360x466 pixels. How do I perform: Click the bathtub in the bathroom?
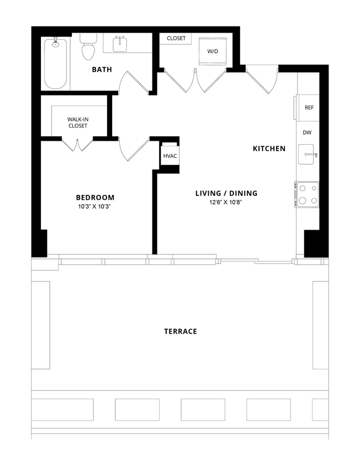(x=56, y=63)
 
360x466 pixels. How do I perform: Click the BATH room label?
(x=102, y=70)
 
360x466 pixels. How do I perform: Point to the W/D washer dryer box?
(x=213, y=51)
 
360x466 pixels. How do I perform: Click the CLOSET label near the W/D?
(x=176, y=39)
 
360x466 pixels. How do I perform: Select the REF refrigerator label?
(x=309, y=108)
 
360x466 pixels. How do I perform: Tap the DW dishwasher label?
(x=308, y=133)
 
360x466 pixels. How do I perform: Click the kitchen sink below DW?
(x=307, y=155)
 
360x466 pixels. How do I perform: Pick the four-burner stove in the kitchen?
(x=306, y=194)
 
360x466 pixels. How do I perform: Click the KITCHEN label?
(x=269, y=149)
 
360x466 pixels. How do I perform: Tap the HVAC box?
(x=170, y=156)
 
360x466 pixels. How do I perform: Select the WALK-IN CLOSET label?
(x=78, y=122)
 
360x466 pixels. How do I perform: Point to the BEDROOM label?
(x=95, y=198)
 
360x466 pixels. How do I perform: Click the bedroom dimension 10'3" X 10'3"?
(x=95, y=207)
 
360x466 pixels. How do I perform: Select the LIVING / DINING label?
(x=226, y=193)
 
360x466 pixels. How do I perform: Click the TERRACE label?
(x=181, y=331)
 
